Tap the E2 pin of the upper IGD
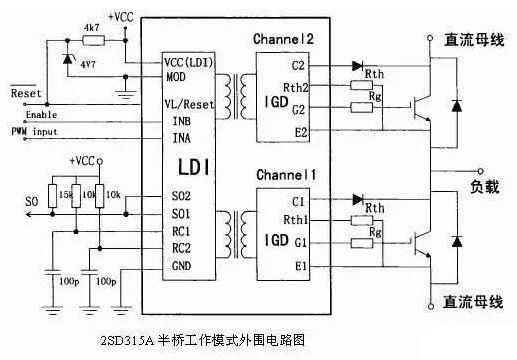click(300, 129)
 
